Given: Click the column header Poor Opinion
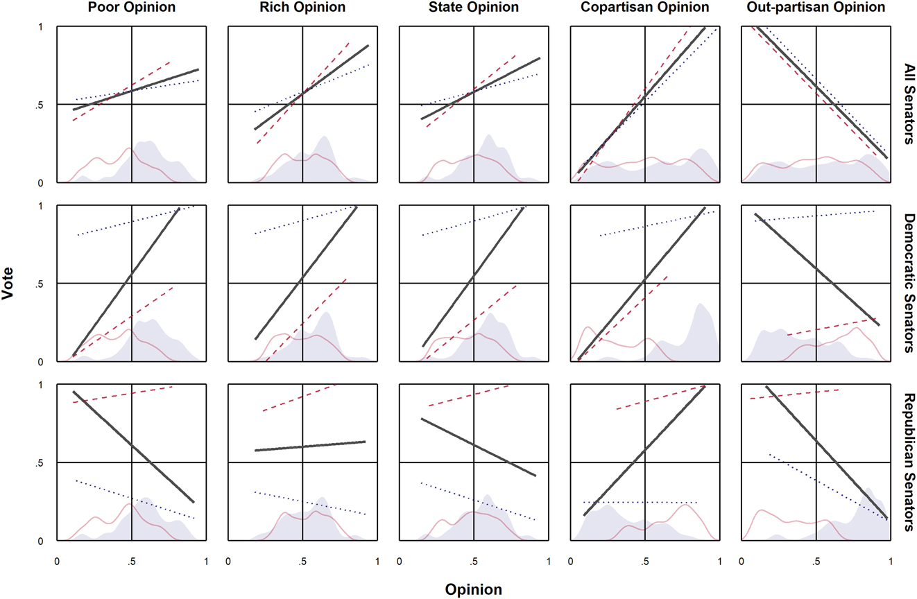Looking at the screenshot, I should click(x=131, y=8).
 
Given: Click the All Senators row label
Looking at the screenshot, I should click(x=907, y=105).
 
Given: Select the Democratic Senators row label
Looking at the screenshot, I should click(x=907, y=284).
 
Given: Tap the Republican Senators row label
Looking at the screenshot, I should click(x=907, y=462).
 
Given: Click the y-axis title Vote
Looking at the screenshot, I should click(x=9, y=284).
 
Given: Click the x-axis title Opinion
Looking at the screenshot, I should click(x=474, y=590).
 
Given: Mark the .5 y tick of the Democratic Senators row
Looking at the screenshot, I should click(x=41, y=284).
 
